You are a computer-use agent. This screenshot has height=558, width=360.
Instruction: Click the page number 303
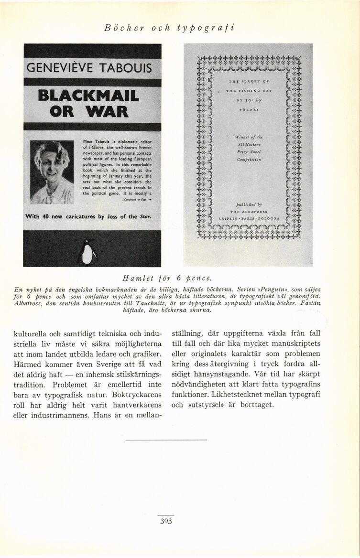pyautogui.click(x=167, y=521)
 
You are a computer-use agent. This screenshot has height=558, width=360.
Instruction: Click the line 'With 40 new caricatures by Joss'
pyautogui.click(x=88, y=217)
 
